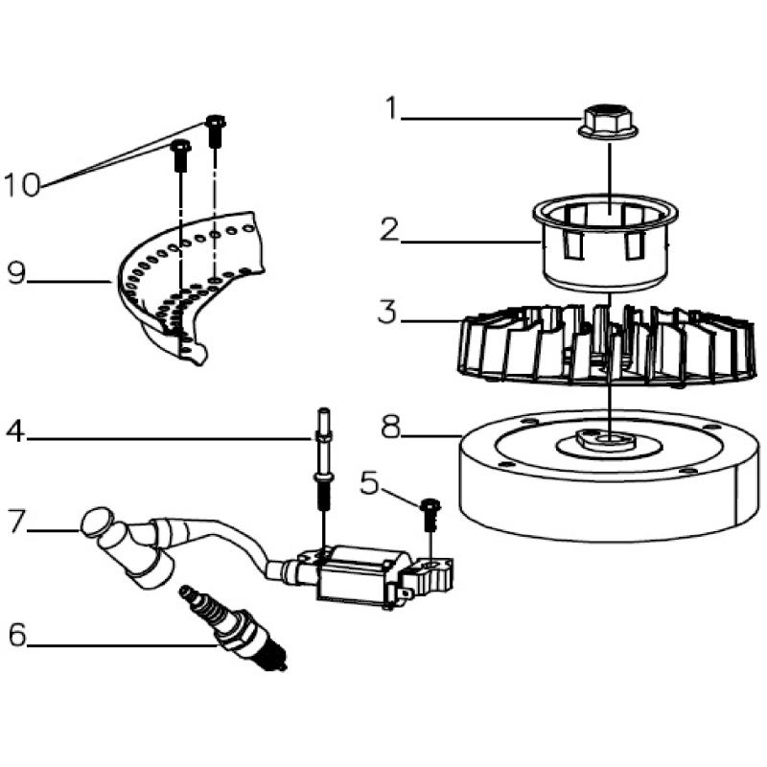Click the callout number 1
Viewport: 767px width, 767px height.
click(390, 107)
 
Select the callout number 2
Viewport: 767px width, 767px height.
click(388, 229)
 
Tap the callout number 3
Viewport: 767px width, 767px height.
click(387, 312)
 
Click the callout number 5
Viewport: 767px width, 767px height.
click(370, 483)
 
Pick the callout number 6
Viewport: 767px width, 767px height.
click(15, 635)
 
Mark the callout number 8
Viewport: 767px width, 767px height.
click(389, 428)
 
